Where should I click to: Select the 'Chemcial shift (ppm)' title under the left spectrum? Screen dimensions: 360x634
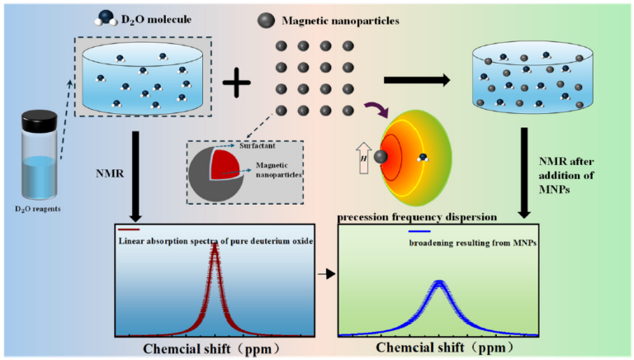pyautogui.click(x=214, y=348)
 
